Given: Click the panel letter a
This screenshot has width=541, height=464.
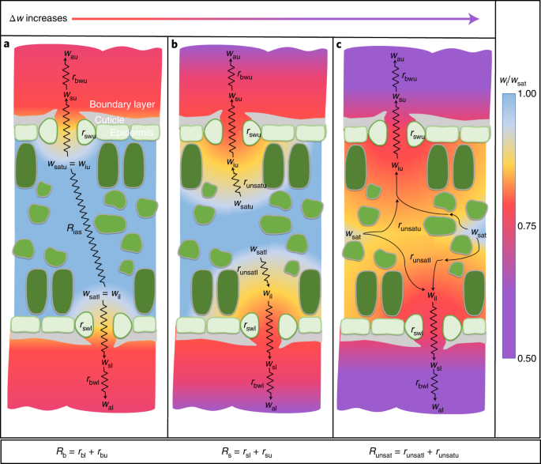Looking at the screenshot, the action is pyautogui.click(x=7, y=44).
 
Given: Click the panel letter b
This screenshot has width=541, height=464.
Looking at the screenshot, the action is pyautogui.click(x=173, y=44).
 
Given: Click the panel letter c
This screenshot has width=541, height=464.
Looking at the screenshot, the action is pyautogui.click(x=339, y=44).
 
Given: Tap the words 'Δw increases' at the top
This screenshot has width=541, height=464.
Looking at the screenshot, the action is pyautogui.click(x=36, y=16).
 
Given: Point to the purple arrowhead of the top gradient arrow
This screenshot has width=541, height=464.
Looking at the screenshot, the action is pyautogui.click(x=475, y=17).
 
